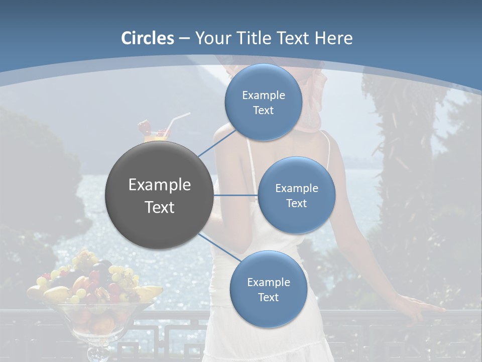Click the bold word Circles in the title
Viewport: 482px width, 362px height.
coord(148,38)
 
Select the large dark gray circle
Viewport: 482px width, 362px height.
coord(160,195)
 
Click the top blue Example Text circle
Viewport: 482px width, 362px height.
coord(264,102)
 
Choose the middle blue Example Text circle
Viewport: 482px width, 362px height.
coord(296,195)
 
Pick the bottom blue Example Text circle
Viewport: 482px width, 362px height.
coord(268,289)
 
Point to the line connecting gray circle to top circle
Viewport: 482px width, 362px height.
coord(217,143)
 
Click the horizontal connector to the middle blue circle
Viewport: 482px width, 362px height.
coord(236,195)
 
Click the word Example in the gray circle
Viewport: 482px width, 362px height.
coord(160,185)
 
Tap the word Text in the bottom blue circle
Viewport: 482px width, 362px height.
coord(268,297)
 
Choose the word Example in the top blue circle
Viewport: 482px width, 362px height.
coord(264,95)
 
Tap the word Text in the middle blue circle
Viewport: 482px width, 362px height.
coord(296,203)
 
